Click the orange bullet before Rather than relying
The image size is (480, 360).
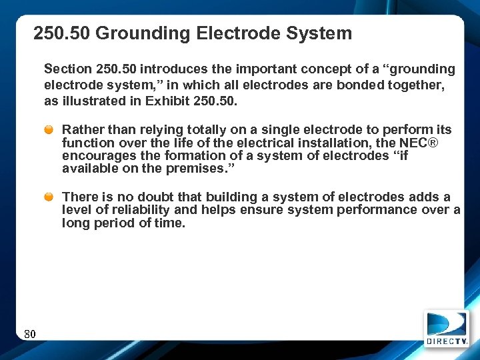[49, 130]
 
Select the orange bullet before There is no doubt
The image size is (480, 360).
[49, 197]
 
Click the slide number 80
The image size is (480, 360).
[29, 334]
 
